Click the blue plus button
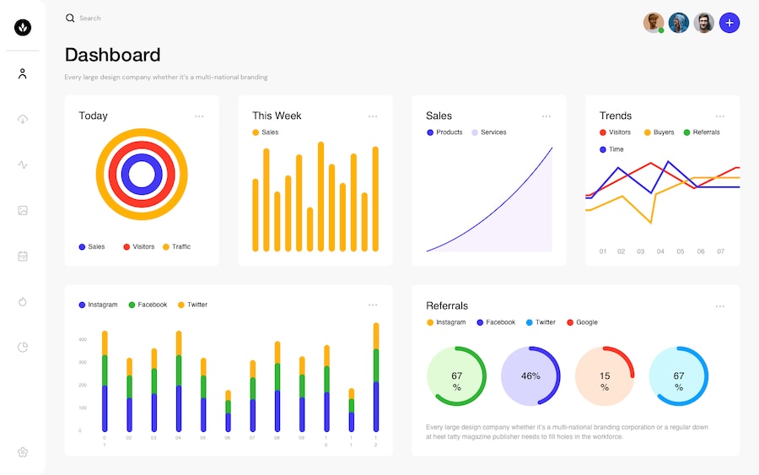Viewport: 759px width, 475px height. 729,23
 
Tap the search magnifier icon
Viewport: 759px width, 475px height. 70,18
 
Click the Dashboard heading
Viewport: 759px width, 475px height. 112,55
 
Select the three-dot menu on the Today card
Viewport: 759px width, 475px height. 199,116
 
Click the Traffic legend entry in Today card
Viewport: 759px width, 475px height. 177,246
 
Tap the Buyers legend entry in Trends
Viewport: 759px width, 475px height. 659,132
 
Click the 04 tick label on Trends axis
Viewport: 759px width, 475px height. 660,251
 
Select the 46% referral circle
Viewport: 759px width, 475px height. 530,376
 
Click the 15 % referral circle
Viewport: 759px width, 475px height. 605,376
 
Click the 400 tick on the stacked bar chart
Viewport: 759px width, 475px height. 83,339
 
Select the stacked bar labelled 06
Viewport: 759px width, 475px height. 228,411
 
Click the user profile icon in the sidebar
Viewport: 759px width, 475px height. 23,73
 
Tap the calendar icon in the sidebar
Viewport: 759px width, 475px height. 23,256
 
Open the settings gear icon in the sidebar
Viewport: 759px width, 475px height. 23,452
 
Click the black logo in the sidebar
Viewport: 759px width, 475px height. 23,28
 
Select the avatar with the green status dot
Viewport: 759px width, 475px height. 654,23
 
